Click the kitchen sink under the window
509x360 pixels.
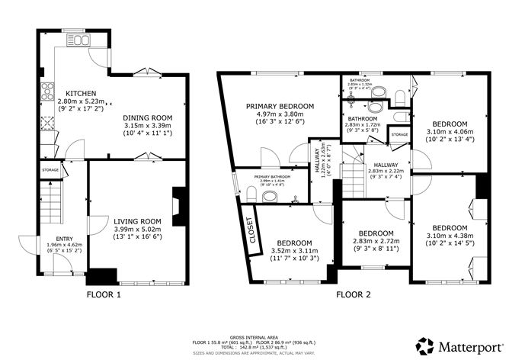[x=78, y=39]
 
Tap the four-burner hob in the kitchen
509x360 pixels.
[x=46, y=91]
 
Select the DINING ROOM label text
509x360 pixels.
[x=148, y=117]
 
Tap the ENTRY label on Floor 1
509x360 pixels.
[x=53, y=239]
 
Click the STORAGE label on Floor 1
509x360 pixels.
[x=50, y=169]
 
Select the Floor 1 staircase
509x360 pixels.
[x=51, y=201]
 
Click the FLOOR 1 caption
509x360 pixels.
[x=104, y=293]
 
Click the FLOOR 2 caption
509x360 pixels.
[x=352, y=293]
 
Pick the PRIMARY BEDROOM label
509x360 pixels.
[x=280, y=107]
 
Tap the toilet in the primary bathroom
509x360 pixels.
[x=269, y=196]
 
